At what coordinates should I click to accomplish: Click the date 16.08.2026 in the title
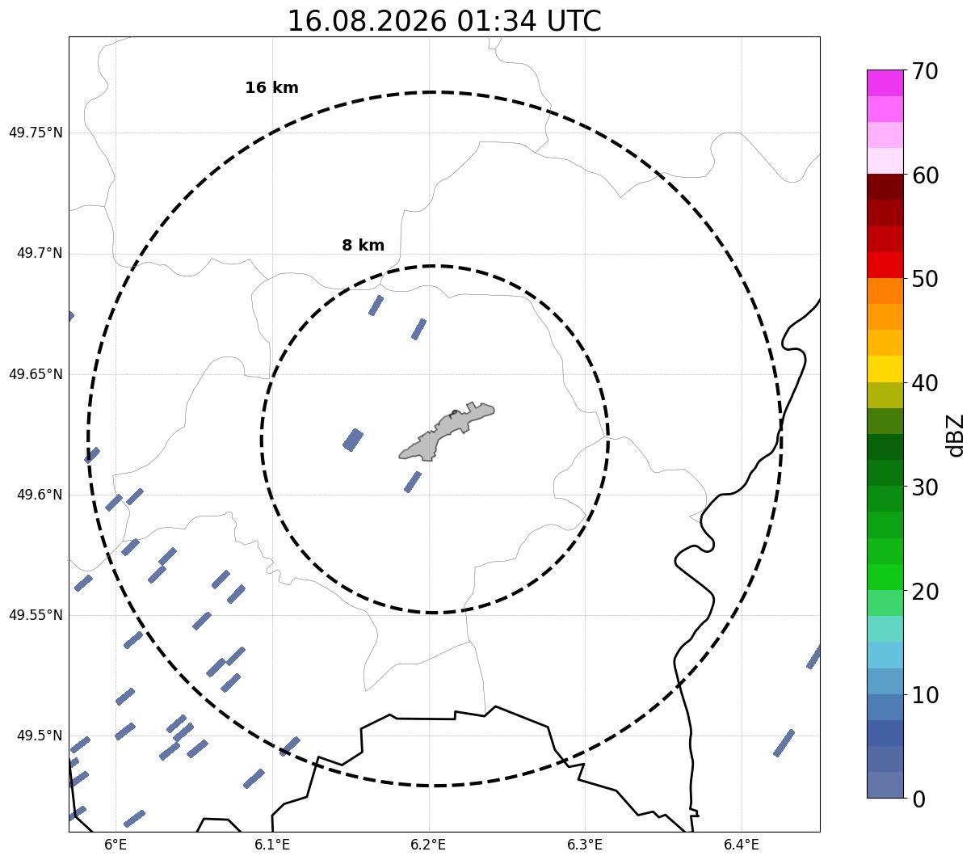coord(368,21)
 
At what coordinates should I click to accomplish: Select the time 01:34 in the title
coord(496,21)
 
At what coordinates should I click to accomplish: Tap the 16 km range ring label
coord(272,87)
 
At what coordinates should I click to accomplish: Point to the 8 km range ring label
coord(364,245)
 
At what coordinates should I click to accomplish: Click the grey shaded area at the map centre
coord(445,432)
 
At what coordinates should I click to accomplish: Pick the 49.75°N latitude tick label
coord(36,133)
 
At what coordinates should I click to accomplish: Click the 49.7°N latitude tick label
coord(40,253)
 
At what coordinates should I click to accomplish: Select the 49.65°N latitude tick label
coord(36,374)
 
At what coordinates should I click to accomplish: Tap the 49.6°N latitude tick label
coord(40,495)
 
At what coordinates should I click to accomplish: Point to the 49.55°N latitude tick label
coord(36,615)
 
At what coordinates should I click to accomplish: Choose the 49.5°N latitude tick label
coord(40,736)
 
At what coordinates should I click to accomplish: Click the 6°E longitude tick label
coord(116,844)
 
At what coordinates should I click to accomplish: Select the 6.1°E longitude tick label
coord(272,844)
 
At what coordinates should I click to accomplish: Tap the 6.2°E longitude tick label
coord(428,844)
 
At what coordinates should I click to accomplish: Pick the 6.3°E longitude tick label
coord(585,844)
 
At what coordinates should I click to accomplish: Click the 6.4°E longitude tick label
coord(741,844)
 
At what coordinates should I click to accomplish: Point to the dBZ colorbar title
coord(954,436)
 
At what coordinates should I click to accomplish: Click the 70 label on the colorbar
coord(925,72)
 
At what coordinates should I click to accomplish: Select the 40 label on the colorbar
coord(925,384)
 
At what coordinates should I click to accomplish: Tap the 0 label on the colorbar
coord(918,800)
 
